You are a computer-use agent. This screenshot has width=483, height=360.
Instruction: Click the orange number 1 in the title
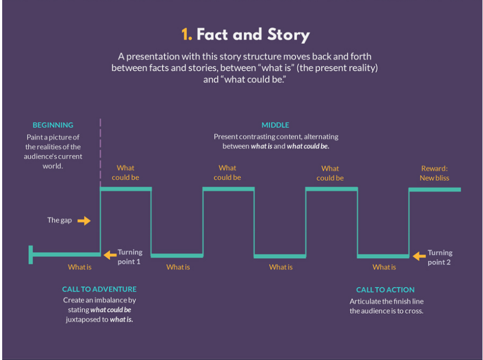coord(186,35)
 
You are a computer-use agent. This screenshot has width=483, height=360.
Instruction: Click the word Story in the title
coord(289,35)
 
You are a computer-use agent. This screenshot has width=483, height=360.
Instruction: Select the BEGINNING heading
coord(53,125)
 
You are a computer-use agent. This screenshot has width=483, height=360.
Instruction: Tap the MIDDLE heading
coord(276,125)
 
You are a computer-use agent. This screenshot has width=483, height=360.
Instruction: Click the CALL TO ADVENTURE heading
coord(99,289)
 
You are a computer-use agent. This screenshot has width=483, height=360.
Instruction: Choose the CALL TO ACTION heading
coord(386,290)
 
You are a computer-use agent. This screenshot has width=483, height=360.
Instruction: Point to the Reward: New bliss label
coord(435,173)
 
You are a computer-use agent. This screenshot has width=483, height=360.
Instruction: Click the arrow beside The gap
coord(84,221)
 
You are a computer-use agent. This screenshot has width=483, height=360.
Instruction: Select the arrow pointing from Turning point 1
coord(110,254)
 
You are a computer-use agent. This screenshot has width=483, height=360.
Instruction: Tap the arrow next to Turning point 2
coord(419,255)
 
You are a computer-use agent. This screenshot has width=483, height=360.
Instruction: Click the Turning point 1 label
coord(130,257)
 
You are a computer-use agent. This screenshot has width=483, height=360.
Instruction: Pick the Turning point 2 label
coord(440,257)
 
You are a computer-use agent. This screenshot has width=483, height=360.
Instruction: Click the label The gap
coord(59,221)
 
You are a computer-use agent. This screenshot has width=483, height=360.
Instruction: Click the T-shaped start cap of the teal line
coord(31,254)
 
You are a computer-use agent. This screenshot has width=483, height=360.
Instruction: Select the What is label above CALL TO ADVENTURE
coord(80,267)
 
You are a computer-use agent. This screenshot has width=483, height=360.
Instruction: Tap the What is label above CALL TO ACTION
coord(384,267)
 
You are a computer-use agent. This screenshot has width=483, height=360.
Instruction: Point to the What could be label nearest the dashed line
coord(125,173)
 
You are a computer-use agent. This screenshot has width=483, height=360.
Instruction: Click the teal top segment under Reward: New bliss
coord(435,190)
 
